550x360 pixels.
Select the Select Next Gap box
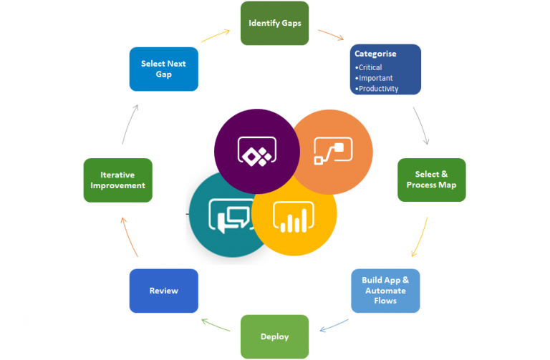pyautogui.click(x=163, y=69)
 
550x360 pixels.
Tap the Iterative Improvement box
pyautogui.click(x=117, y=180)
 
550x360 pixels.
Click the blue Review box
pyautogui.click(x=163, y=291)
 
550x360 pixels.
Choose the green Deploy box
pyautogui.click(x=274, y=336)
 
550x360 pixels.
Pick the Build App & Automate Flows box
pyautogui.click(x=385, y=291)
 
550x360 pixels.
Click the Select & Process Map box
pyautogui.click(x=431, y=180)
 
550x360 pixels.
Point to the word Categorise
pyautogui.click(x=375, y=54)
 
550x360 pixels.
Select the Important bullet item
pyautogui.click(x=375, y=78)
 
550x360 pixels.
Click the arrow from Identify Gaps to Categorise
pyautogui.click(x=331, y=34)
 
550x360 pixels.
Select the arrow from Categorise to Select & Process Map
pyautogui.click(x=423, y=126)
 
